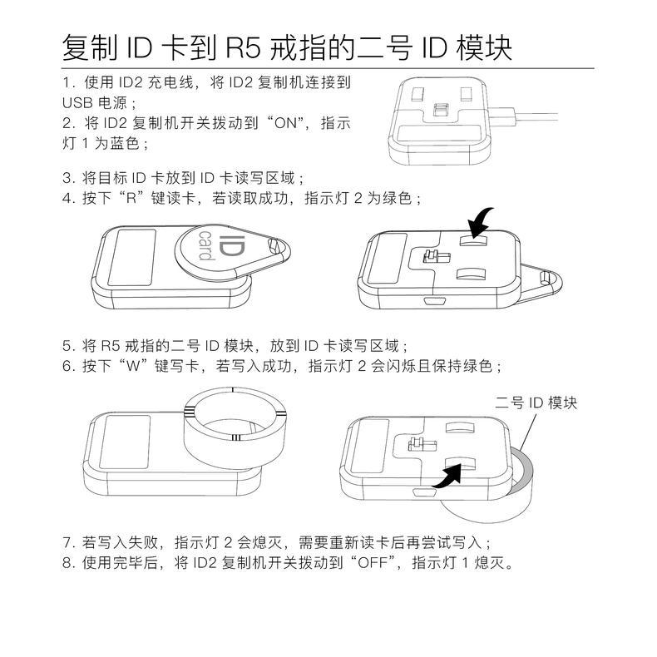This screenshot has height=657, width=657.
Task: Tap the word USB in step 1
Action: click(77, 103)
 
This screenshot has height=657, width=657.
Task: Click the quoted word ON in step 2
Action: click(286, 123)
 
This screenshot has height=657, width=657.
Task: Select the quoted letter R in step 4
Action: click(131, 198)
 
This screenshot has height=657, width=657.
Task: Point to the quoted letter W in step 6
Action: click(132, 366)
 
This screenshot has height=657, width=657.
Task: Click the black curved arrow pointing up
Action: click(447, 477)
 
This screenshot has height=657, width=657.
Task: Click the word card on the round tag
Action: click(206, 245)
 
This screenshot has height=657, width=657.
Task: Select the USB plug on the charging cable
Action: click(501, 116)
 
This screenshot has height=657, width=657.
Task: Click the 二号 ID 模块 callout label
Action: click(536, 403)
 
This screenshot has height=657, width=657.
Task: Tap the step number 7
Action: click(67, 542)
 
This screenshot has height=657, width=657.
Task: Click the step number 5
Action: click(67, 346)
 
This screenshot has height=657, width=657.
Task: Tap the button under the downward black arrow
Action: click(473, 240)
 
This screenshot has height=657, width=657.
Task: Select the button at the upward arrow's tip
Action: click(461, 462)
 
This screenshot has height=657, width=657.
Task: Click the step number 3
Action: click(67, 178)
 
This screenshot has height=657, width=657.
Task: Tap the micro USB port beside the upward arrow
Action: click(422, 492)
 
